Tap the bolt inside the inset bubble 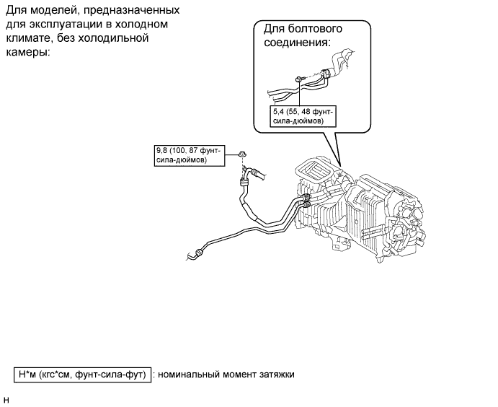click(298, 79)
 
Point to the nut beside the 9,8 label click(244, 152)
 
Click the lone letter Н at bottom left click(6, 399)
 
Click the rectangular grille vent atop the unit click(316, 172)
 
